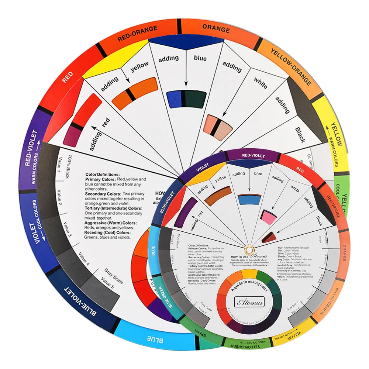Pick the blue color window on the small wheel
point(249,199)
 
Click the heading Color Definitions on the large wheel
point(102,174)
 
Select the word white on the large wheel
point(260,83)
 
